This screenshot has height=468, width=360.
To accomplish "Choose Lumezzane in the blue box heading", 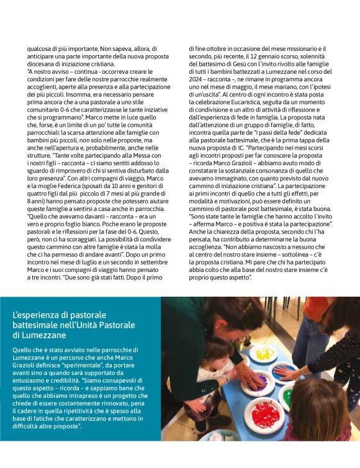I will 40,335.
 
